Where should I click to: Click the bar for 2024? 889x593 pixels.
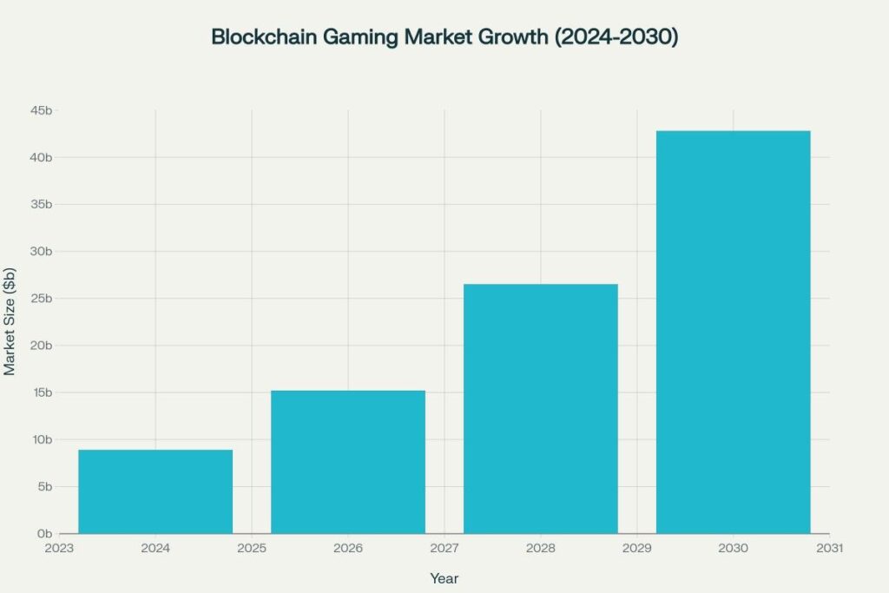[x=155, y=491]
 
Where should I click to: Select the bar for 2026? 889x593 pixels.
[x=348, y=462]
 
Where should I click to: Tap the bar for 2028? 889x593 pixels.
[x=541, y=408]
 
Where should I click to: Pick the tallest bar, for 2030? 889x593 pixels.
[x=733, y=332]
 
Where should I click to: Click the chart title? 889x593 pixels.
[x=444, y=37]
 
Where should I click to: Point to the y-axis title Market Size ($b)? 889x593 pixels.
[x=10, y=322]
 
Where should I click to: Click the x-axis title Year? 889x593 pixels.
[x=444, y=577]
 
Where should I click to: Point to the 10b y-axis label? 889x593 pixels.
[x=43, y=439]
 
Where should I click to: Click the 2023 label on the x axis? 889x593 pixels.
[x=59, y=549]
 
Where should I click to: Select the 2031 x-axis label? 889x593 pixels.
[x=829, y=549]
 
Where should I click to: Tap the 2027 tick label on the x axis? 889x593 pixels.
[x=444, y=549]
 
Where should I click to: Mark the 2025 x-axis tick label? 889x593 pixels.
[x=252, y=549]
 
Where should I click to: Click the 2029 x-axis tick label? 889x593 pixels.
[x=636, y=549]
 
